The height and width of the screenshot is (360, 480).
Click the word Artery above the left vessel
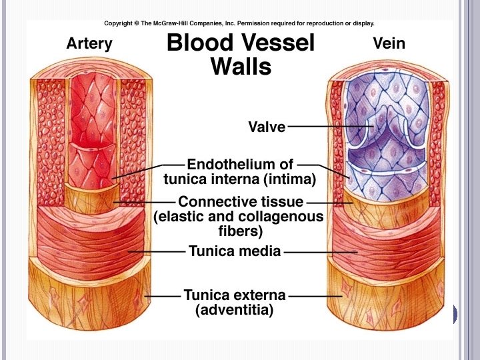point(89,45)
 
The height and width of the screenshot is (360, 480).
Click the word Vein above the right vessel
point(389,45)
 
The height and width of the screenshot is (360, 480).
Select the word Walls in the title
point(241,67)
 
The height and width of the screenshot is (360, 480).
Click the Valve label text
point(267,127)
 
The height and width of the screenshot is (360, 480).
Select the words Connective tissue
point(241,201)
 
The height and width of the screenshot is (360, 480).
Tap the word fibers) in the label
point(241,232)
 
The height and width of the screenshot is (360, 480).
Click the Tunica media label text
point(235,251)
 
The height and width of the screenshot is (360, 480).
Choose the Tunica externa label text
point(235,295)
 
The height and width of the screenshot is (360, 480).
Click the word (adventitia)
point(235,310)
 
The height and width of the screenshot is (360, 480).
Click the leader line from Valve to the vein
point(327,126)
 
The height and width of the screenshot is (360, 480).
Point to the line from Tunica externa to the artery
point(163,295)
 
